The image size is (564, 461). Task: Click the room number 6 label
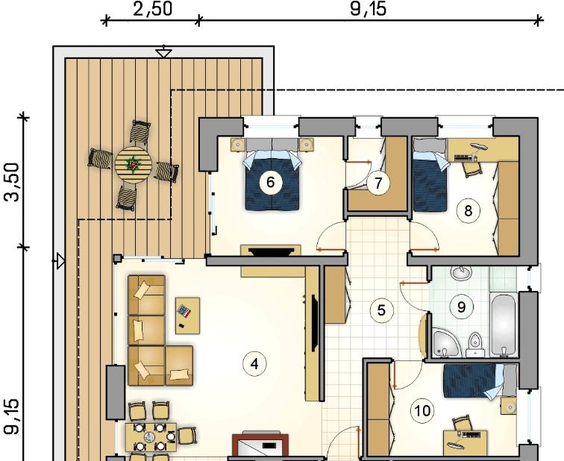click(270, 182)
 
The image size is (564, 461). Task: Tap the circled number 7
click(378, 184)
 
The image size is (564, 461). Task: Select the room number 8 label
click(468, 211)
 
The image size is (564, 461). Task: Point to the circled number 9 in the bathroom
click(461, 307)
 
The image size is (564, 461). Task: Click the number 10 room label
click(422, 411)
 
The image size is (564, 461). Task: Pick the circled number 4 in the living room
click(254, 364)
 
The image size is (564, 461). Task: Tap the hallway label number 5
click(381, 310)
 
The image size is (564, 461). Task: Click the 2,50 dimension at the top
click(153, 9)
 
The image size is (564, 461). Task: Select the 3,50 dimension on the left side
click(11, 182)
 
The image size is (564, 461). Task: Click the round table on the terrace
click(133, 165)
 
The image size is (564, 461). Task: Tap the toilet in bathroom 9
click(474, 345)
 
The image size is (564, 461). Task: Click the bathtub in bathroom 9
click(504, 325)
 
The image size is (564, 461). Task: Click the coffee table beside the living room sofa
click(187, 316)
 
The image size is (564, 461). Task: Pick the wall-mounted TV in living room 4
click(313, 323)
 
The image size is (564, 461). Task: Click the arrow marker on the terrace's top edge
click(163, 52)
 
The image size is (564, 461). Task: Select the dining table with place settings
click(151, 437)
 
